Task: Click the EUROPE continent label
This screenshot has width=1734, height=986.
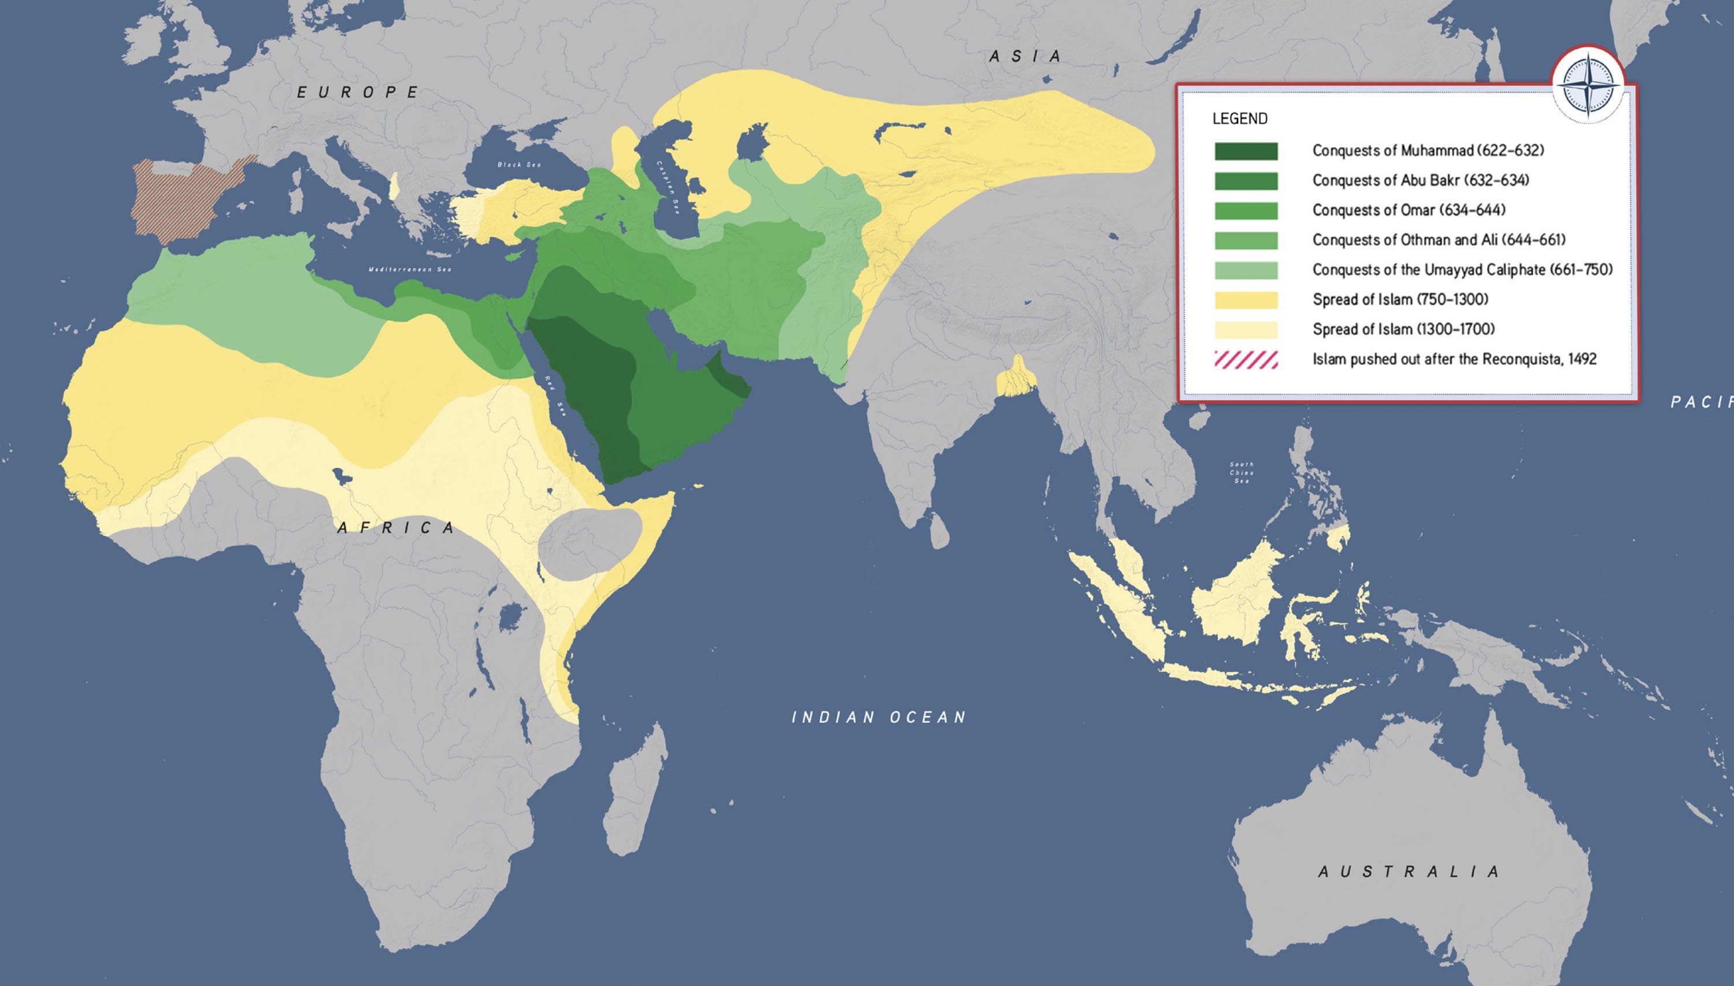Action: click(359, 92)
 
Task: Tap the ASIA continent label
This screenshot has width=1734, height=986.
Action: click(1025, 56)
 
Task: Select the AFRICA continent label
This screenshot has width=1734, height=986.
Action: click(397, 527)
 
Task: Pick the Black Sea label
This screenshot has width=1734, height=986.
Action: click(519, 165)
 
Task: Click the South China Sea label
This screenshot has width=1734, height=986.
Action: click(1242, 472)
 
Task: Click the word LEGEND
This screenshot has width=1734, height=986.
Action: click(1239, 119)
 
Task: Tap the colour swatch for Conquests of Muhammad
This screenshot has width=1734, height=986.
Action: click(1246, 150)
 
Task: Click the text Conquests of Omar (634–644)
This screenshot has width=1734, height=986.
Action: click(1409, 210)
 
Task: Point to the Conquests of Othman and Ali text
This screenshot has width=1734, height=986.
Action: click(1439, 240)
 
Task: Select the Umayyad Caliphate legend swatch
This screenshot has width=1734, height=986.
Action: click(1246, 269)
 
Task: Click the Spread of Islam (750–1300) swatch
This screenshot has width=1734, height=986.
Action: click(1246, 300)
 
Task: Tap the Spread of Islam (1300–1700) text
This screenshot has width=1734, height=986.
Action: click(1403, 329)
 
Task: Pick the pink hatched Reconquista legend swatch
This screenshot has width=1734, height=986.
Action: click(1246, 359)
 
